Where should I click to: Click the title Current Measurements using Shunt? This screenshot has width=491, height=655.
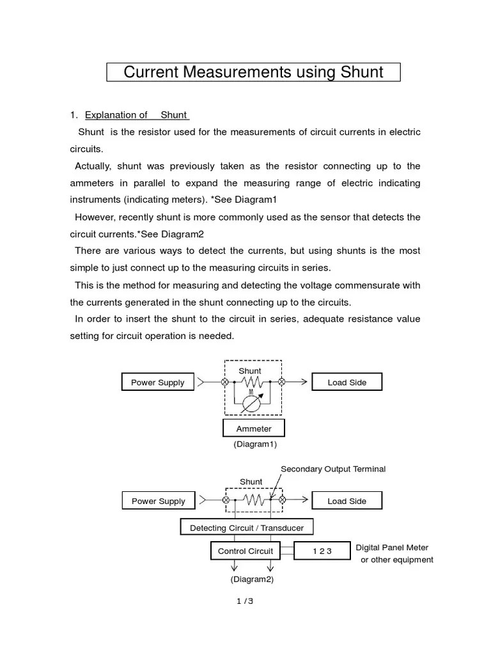[253, 72]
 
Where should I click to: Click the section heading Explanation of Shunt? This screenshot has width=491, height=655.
[137, 115]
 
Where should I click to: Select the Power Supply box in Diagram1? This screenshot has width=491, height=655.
[157, 383]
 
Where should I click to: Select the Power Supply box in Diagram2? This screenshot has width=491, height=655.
[158, 501]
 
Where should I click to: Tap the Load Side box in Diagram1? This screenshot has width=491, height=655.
[347, 383]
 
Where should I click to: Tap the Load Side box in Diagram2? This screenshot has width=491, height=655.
[347, 501]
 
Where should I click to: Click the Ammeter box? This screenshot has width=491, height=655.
[254, 429]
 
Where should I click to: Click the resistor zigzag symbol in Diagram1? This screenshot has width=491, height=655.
[253, 383]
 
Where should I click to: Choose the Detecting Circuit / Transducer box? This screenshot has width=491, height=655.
[247, 528]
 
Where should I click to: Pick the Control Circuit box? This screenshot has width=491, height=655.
[245, 551]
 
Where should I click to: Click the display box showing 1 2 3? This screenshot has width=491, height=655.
[322, 551]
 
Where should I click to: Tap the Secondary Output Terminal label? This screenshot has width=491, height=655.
[333, 469]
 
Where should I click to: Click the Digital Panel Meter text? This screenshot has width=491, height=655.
[392, 548]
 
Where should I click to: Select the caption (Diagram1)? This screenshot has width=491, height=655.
[255, 444]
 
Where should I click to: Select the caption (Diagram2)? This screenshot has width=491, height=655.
[252, 580]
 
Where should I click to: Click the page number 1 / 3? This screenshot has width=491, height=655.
[244, 601]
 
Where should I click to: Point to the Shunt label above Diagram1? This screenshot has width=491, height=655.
[250, 371]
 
